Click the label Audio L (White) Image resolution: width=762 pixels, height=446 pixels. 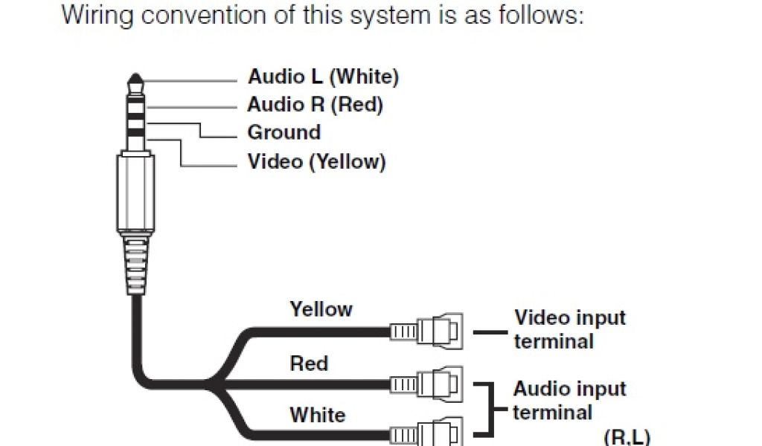point(323,77)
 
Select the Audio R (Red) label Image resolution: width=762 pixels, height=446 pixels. point(315,105)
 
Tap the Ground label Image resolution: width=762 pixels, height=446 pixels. point(284,133)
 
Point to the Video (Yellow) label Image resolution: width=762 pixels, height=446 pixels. point(316,161)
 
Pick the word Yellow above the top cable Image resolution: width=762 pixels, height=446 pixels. point(321,309)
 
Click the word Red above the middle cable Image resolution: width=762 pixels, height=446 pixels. point(309,363)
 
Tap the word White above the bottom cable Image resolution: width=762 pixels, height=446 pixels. point(317,415)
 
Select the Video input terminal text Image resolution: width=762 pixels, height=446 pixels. point(569,329)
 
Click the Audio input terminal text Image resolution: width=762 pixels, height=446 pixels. point(569,401)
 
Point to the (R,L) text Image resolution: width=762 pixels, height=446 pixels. point(626,437)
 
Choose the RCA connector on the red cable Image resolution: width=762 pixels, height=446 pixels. point(428,384)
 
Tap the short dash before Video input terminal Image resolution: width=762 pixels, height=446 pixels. point(490,331)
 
